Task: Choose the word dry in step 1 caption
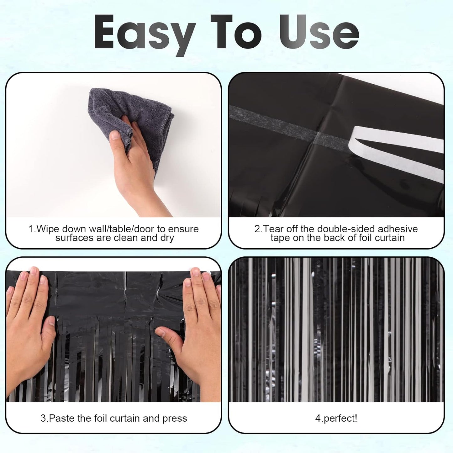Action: click(x=167, y=238)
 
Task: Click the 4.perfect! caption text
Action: click(x=336, y=419)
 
